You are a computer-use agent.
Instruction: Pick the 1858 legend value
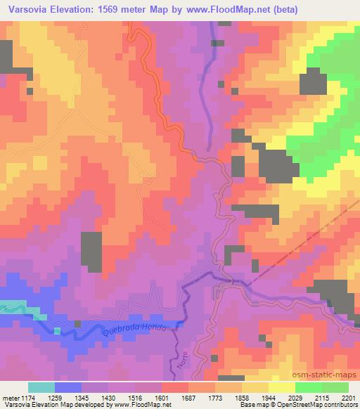(241, 398)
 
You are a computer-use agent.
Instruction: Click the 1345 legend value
(83, 398)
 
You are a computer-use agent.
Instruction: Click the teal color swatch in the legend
(41, 388)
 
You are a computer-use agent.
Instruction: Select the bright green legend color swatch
(308, 388)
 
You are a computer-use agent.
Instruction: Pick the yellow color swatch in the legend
(281, 388)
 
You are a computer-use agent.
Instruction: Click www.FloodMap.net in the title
(224, 10)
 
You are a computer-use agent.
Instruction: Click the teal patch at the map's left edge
(12, 307)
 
